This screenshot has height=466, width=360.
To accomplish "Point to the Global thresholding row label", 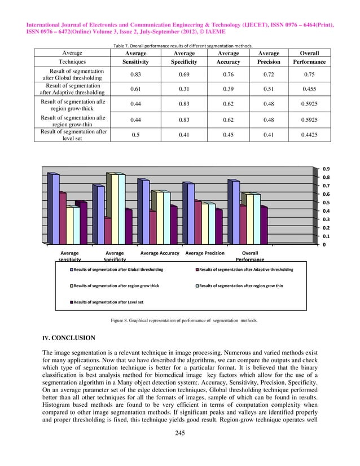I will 72,75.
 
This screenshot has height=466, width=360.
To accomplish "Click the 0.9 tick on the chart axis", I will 327,168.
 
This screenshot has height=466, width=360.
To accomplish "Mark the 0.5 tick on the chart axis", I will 327,202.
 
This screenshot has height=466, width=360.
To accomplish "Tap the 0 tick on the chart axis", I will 324,245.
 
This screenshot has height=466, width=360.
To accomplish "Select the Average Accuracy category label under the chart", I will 160,254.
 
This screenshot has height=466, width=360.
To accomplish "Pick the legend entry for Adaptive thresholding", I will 244,270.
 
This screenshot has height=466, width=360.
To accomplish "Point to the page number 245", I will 180,449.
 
